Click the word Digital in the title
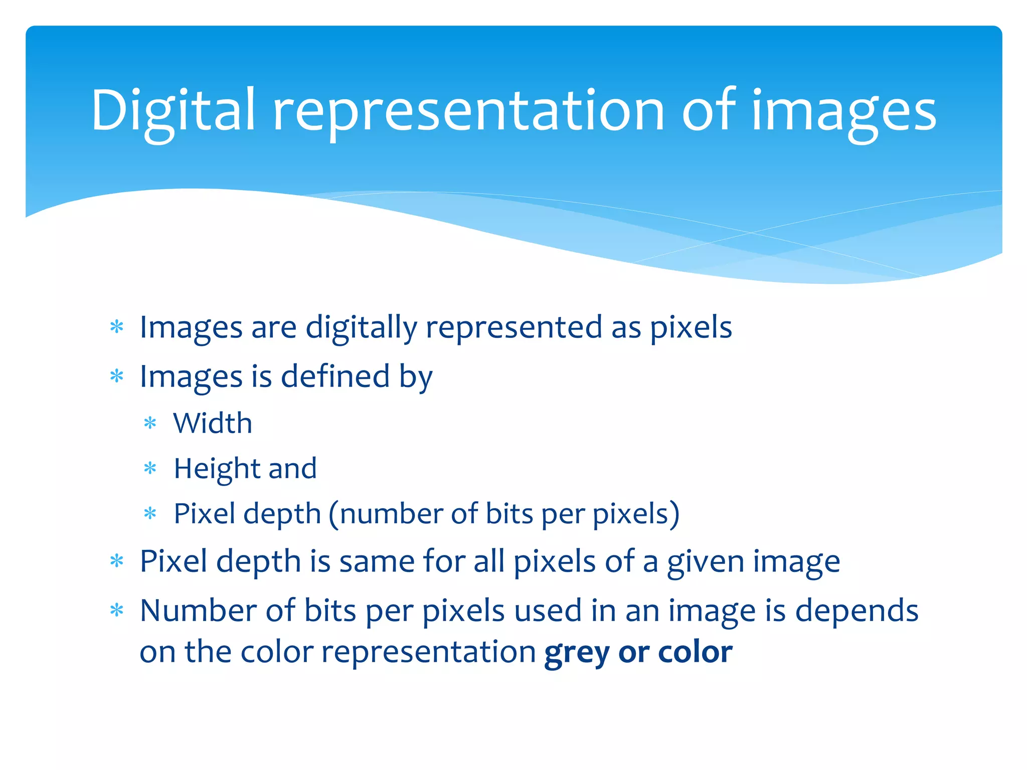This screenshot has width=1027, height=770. (x=173, y=111)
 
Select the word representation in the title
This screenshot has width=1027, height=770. (x=468, y=111)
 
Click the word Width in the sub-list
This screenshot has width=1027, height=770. (x=213, y=423)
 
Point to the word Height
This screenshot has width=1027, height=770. (x=217, y=469)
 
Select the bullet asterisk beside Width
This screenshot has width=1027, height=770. (x=150, y=424)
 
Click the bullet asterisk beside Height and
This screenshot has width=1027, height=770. (x=150, y=469)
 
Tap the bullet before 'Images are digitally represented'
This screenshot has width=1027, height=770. (x=116, y=328)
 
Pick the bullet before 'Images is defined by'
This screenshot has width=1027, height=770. (x=116, y=376)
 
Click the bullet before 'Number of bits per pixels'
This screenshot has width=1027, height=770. (x=116, y=611)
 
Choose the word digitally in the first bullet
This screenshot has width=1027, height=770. (x=361, y=328)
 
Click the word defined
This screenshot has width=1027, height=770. (x=335, y=376)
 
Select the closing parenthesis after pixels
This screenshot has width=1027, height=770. (x=675, y=514)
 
